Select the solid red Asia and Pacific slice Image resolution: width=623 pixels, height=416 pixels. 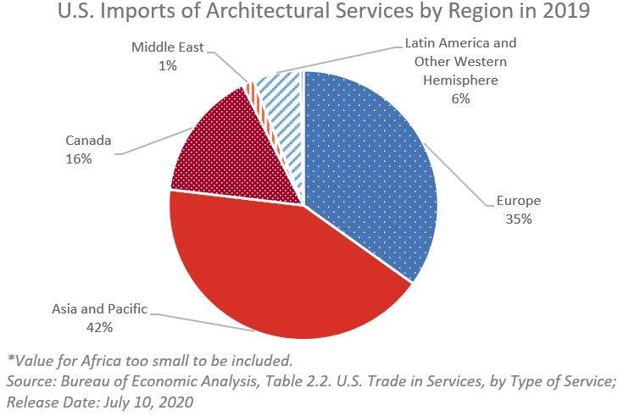click(280, 271)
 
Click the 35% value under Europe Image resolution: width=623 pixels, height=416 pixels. click(520, 219)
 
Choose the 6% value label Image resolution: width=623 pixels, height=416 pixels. click(460, 98)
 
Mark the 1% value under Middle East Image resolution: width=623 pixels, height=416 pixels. click(167, 64)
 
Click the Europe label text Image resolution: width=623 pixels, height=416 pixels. click(520, 201)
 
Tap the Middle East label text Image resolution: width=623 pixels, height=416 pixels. click(167, 47)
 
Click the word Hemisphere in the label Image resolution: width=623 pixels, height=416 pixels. click(460, 80)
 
